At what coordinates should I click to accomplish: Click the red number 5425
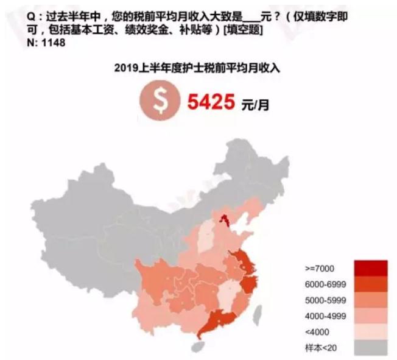(210, 103)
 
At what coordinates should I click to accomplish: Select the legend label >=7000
(317, 268)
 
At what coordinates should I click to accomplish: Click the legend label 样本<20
(317, 348)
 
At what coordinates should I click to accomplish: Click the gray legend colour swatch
(367, 348)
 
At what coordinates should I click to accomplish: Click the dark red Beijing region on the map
(224, 221)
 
